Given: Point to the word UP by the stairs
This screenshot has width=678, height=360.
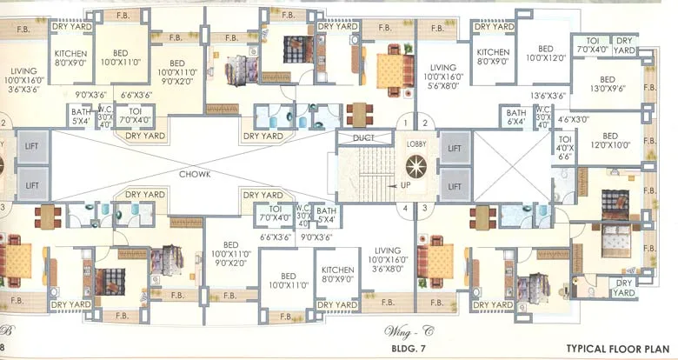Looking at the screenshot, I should [405, 185].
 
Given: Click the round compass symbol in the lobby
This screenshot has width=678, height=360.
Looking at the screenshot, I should [414, 163].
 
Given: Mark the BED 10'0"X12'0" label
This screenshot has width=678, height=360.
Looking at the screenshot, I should [545, 54].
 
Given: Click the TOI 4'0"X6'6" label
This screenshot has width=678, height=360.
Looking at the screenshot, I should [566, 147].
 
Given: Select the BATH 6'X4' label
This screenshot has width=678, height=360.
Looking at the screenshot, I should [516, 117].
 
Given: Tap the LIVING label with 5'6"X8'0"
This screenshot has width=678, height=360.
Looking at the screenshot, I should [443, 77].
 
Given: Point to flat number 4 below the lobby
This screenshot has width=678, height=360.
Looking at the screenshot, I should [405, 208].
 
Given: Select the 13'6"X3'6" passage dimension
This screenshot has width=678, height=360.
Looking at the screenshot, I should [548, 96].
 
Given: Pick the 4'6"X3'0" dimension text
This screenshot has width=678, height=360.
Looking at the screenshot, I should [574, 119].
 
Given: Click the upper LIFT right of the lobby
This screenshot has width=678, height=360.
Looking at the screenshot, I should [454, 149].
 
